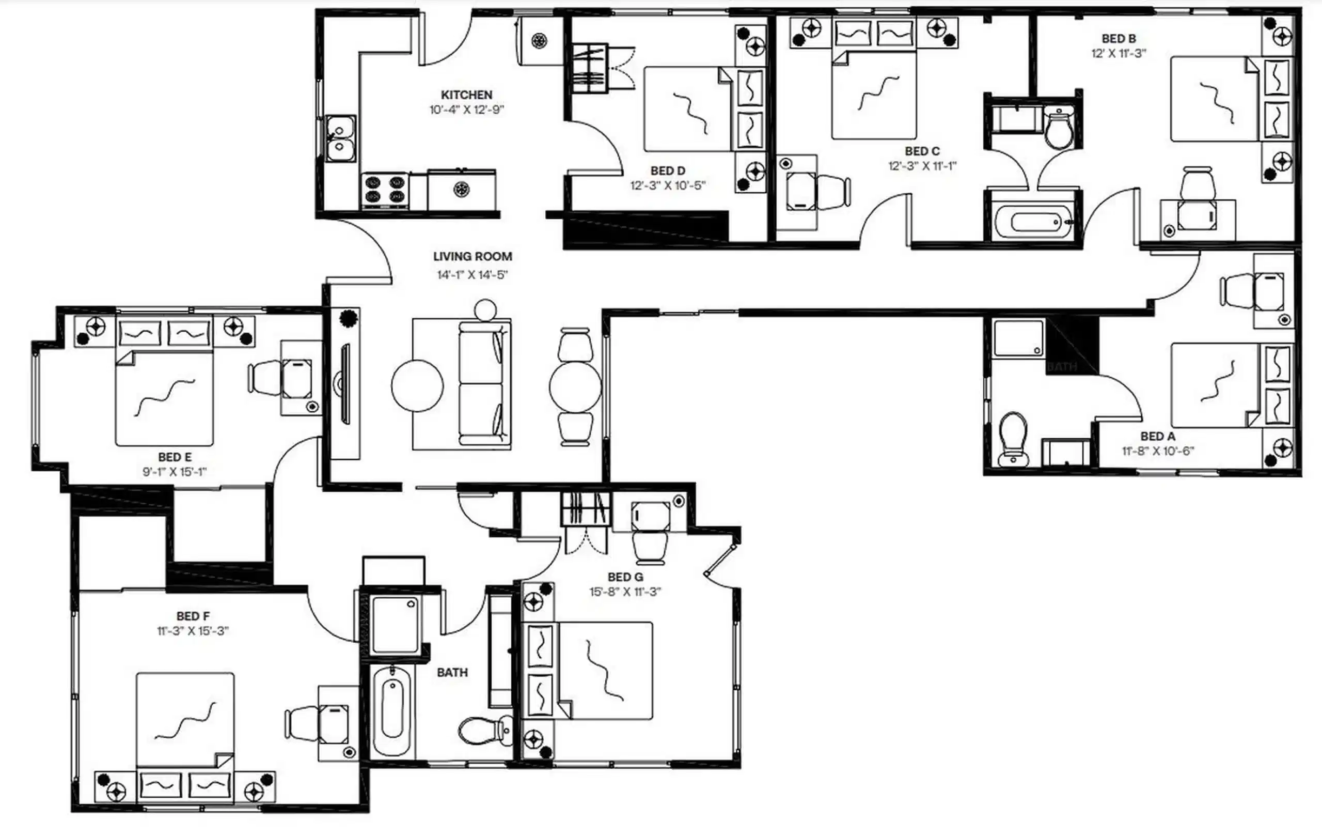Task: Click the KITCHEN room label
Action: point(466,95)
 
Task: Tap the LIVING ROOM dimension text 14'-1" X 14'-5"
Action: point(472,274)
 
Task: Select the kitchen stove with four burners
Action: point(385,190)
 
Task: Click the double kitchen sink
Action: point(340,138)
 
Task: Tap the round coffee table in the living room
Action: point(417,385)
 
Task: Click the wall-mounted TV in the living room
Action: point(345,384)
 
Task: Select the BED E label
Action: point(175,457)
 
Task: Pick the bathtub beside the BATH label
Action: point(392,711)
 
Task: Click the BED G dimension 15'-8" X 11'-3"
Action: point(625,592)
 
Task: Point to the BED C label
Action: point(922,151)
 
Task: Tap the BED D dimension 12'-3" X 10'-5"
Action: point(668,185)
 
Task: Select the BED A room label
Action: point(1157,437)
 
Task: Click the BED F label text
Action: point(193,616)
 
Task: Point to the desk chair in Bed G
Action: point(651,546)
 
